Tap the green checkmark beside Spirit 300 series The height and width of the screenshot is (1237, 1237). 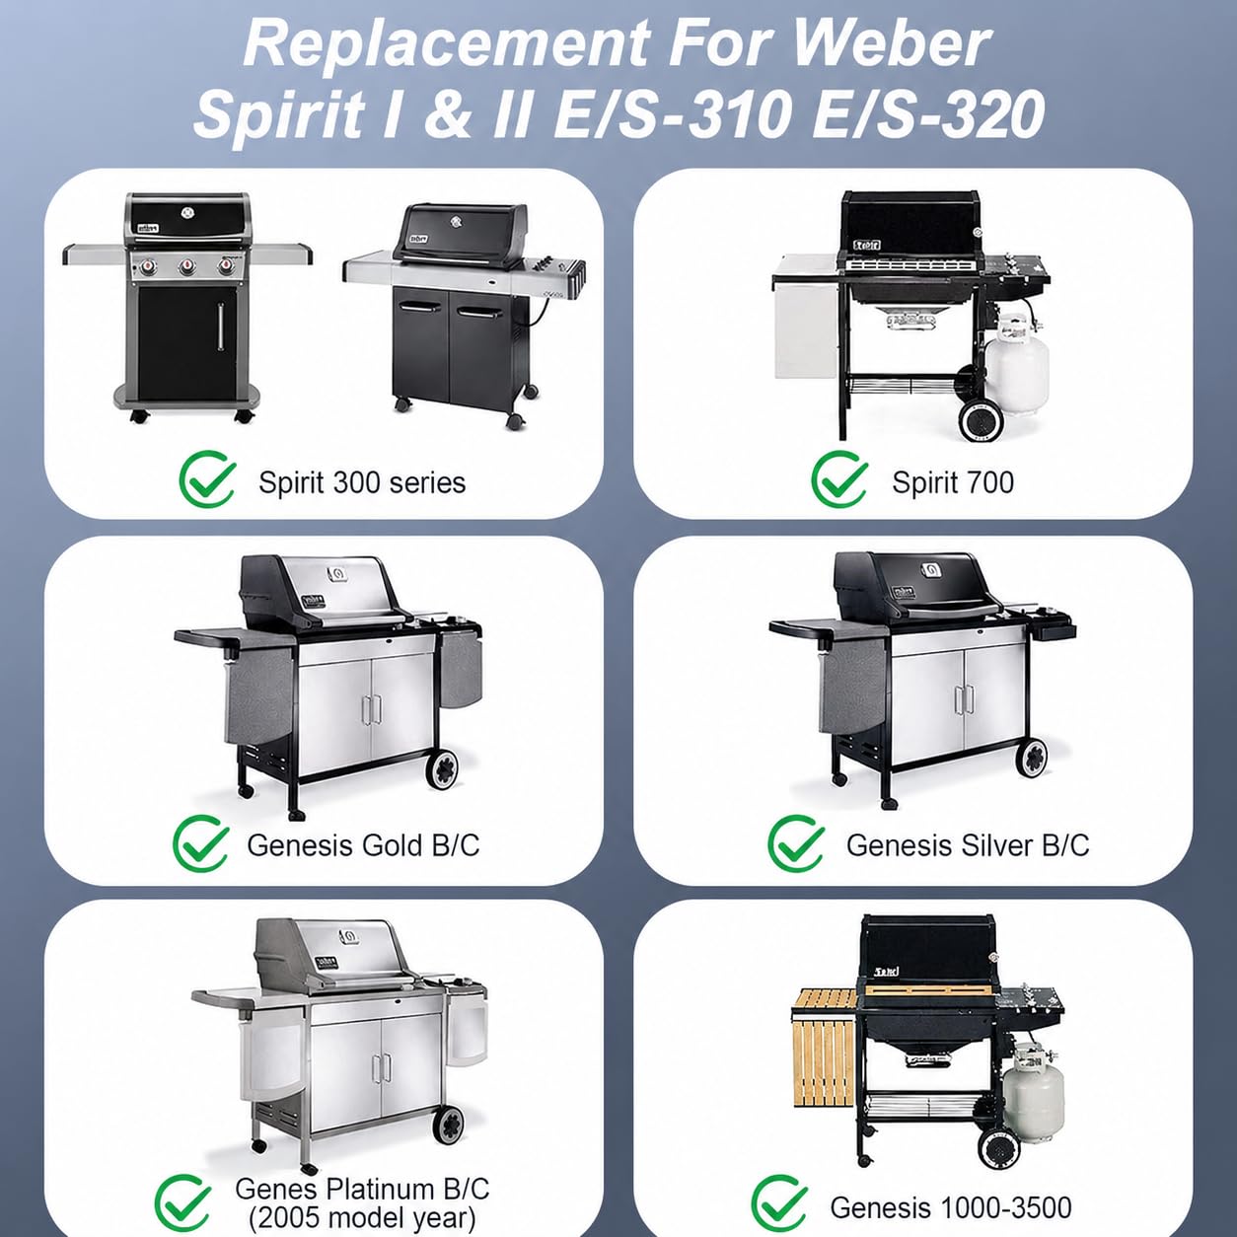point(207,478)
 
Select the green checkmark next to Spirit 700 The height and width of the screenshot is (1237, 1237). point(839,478)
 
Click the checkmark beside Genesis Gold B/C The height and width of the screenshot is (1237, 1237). point(201,842)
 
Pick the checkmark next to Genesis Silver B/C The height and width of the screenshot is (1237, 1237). point(796,842)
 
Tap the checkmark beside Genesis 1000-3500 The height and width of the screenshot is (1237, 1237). point(779,1203)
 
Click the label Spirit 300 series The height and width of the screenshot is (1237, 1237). point(362,482)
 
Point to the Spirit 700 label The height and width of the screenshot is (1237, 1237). point(953,482)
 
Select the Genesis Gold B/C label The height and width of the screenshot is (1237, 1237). point(363,845)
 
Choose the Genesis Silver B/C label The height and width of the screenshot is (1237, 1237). point(968,845)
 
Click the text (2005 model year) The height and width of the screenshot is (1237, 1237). point(363,1217)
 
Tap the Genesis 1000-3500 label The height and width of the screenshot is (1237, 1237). point(951,1207)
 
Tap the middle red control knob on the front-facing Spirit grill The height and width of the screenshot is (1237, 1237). point(187,266)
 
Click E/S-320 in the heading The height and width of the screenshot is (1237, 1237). point(927,114)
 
